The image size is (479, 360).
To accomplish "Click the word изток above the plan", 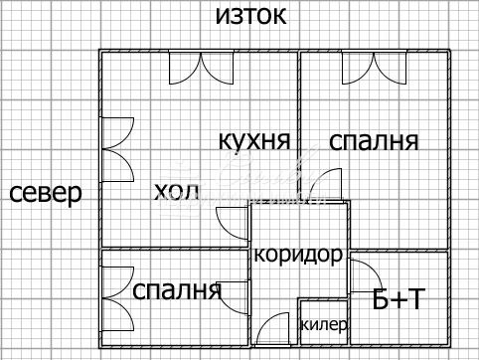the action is click(x=251, y=16).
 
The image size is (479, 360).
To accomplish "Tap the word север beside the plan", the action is click(x=45, y=192).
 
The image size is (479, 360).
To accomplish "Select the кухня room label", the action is click(x=254, y=140).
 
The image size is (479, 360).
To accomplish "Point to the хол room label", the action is click(x=177, y=190).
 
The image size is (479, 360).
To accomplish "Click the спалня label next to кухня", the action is click(x=373, y=140).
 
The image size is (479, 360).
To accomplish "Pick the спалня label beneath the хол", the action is click(x=176, y=290).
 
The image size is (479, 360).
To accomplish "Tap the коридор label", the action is click(x=298, y=255).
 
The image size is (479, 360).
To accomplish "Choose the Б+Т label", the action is click(x=397, y=298).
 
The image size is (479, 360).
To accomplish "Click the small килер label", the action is click(x=323, y=324).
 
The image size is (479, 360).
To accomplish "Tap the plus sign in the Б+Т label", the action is click(x=396, y=298).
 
